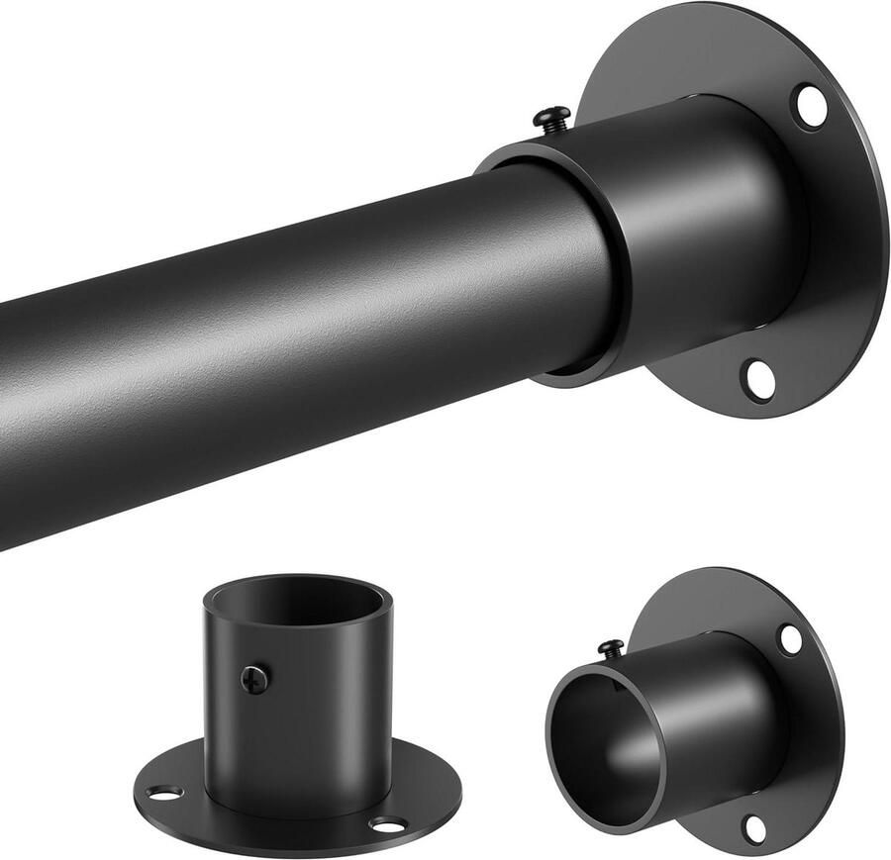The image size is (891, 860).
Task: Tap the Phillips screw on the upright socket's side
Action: click(x=254, y=679)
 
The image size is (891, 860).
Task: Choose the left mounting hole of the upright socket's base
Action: click(x=165, y=792)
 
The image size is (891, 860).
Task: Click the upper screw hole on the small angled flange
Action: click(x=789, y=639)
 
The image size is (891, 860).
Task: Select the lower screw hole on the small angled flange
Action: click(x=755, y=827)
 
